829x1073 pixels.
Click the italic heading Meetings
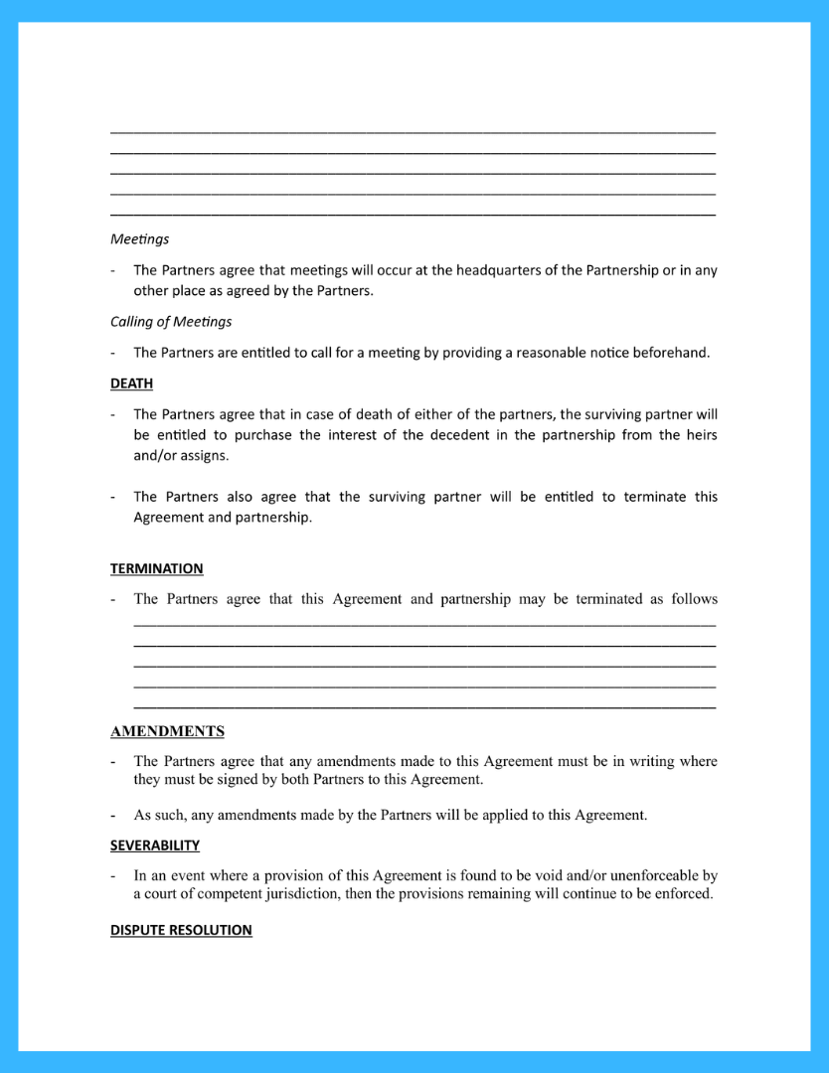click(x=139, y=239)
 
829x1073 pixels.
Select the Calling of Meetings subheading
click(x=171, y=322)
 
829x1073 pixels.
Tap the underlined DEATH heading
click(x=131, y=383)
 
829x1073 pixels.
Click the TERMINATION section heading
click(x=156, y=569)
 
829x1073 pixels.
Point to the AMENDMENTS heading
click(x=167, y=732)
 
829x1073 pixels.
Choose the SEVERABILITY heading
click(x=155, y=845)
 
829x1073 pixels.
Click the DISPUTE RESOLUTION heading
click(x=181, y=931)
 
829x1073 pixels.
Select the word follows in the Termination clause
click(x=694, y=599)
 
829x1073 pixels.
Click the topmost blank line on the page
click(x=413, y=131)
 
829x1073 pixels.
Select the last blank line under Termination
click(x=424, y=706)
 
